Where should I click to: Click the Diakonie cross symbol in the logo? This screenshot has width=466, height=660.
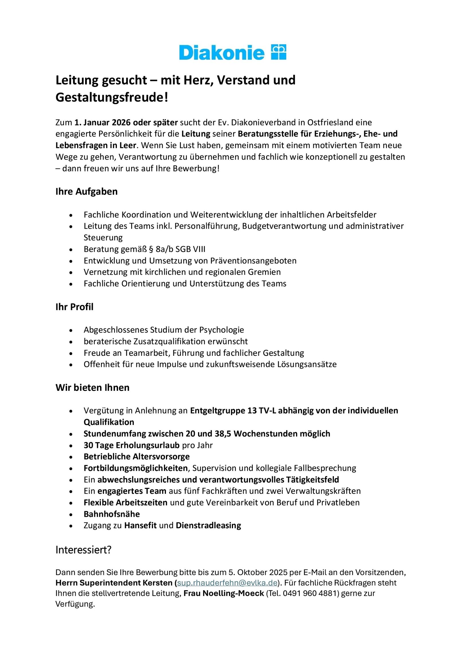pyautogui.click(x=279, y=52)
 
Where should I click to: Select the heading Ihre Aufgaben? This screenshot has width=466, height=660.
pyautogui.click(x=87, y=191)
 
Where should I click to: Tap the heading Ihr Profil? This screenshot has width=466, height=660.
pyautogui.click(x=74, y=307)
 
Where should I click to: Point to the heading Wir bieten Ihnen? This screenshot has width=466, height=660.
pyautogui.click(x=93, y=387)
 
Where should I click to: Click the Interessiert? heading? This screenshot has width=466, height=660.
pyautogui.click(x=83, y=550)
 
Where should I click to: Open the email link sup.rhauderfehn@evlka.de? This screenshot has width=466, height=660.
pyautogui.click(x=227, y=583)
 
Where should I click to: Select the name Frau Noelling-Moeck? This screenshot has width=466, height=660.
pyautogui.click(x=224, y=593)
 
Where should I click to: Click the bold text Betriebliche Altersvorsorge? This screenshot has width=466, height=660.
pyautogui.click(x=137, y=457)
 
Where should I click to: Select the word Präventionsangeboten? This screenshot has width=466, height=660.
pyautogui.click(x=253, y=261)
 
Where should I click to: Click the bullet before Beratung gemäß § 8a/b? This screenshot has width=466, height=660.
pyautogui.click(x=71, y=250)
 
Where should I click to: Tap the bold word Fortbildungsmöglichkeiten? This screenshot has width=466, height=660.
pyautogui.click(x=136, y=468)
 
